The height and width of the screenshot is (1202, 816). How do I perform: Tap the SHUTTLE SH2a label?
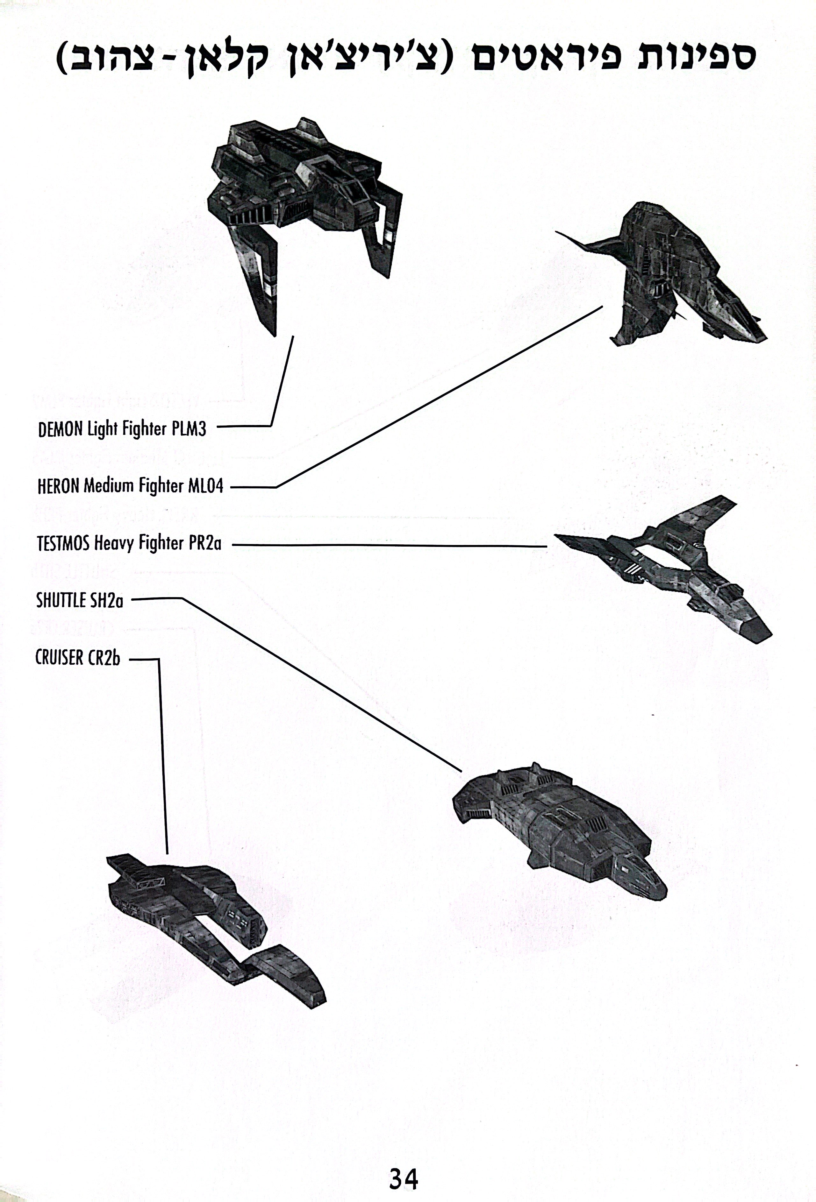click(80, 600)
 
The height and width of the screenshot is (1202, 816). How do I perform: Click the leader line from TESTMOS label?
click(389, 545)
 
